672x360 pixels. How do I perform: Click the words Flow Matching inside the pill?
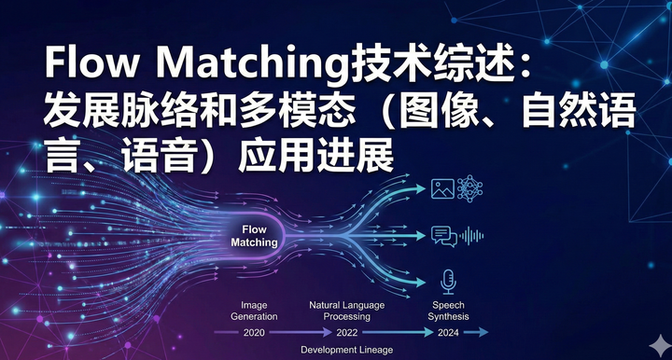tap(254, 235)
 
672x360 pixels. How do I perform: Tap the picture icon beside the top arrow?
tap(442, 189)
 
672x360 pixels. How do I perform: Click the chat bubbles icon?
tap(444, 237)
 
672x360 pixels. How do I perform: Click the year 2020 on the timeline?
tap(254, 332)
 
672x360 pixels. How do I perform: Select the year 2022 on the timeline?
tap(345, 332)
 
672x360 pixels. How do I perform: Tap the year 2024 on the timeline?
tap(448, 332)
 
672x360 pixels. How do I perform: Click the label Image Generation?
tap(254, 311)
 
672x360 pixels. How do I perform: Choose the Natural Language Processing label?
tap(345, 311)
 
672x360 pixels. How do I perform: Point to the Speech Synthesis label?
tap(448, 311)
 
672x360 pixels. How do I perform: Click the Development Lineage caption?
tap(346, 350)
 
